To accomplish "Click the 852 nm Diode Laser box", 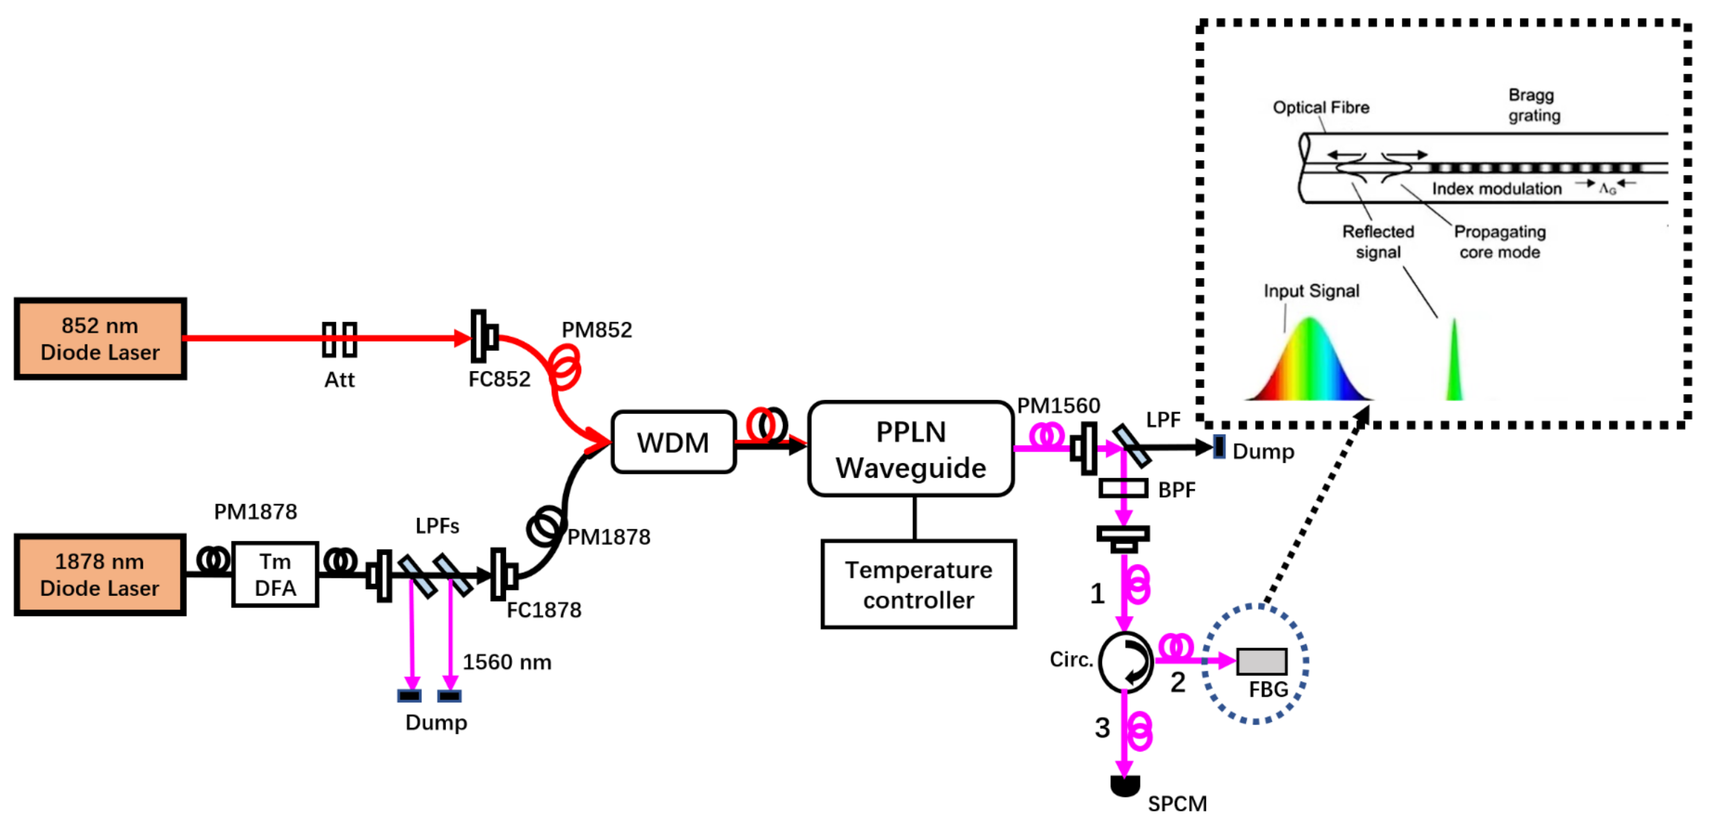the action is [100, 339].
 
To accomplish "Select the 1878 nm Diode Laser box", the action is [100, 574].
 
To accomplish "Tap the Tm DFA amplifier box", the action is [275, 574].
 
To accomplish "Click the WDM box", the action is [673, 442].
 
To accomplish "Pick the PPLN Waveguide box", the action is [911, 450].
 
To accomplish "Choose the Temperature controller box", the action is [919, 585].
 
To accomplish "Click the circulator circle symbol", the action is [1125, 662].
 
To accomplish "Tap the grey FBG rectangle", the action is [1261, 661].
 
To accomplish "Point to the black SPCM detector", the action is [1125, 786].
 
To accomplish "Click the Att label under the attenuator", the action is [339, 380].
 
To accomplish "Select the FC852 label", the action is [500, 379].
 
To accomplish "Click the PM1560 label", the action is [1058, 405].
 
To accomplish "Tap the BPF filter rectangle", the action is [1123, 489].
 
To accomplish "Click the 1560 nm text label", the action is [507, 662].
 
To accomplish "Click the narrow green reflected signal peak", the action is [1454, 360].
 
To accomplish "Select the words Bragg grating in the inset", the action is [1534, 105].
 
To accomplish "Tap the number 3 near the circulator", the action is [1102, 727].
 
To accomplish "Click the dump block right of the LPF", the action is [1220, 447].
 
